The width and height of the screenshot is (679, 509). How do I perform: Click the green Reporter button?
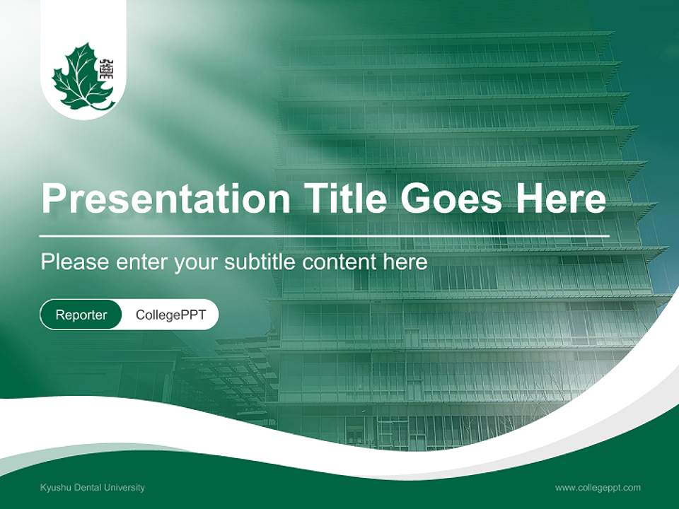[x=81, y=315]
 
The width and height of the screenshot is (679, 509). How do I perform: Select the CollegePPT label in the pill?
[x=170, y=315]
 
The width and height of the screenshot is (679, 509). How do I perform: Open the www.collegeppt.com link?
[x=598, y=488]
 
